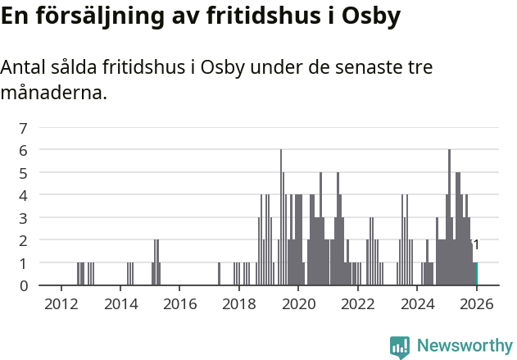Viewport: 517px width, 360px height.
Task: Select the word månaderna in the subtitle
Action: pos(53,93)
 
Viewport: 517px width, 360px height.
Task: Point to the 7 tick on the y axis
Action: pos(24,128)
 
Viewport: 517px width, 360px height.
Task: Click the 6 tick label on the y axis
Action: pos(24,150)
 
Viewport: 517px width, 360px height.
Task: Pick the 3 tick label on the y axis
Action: pos(24,218)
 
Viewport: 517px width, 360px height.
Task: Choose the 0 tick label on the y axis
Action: pos(24,285)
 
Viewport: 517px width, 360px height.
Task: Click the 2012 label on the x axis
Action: pos(61,303)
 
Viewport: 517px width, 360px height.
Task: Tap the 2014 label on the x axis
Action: pos(120,303)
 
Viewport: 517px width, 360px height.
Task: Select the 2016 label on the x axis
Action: pos(179,303)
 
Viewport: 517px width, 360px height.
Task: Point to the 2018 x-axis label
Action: pos(238,303)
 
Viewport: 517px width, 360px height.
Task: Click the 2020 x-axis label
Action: pos(298,303)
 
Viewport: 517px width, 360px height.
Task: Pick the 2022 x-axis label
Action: pos(357,303)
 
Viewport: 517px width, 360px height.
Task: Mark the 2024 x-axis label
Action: pos(417,303)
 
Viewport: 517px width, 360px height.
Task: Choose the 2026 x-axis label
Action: pos(476,303)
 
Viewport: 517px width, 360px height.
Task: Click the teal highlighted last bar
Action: pos(475,274)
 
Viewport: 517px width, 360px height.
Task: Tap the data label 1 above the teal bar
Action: pos(476,245)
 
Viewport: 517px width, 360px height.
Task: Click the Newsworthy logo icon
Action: pos(400,347)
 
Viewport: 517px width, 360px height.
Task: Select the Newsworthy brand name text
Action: pos(464,346)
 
